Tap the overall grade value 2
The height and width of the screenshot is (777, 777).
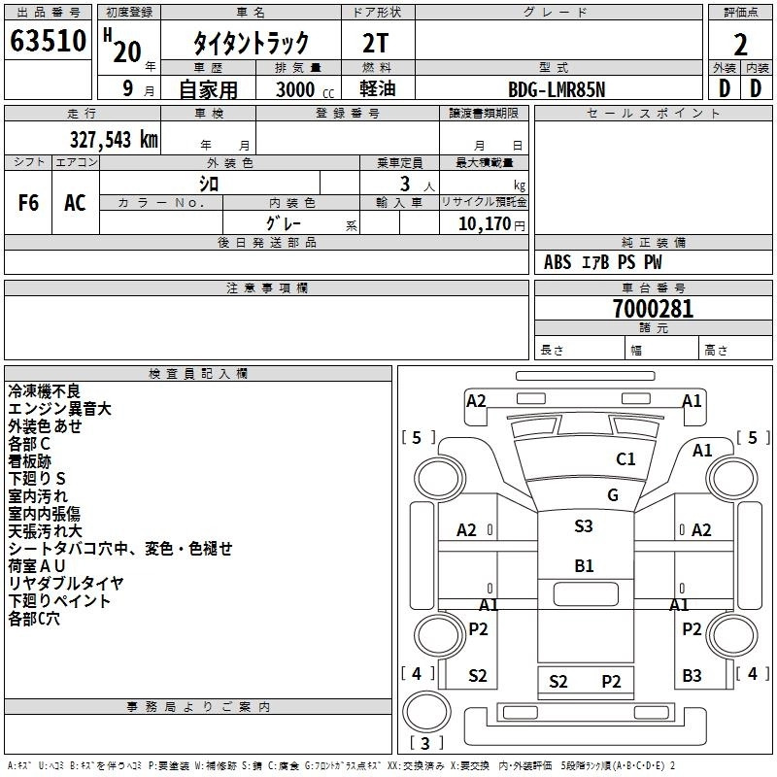coord(740,44)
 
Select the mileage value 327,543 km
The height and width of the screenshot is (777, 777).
coord(114,139)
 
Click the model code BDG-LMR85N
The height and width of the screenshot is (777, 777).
coord(557,89)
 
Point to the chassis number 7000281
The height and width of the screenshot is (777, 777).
coord(653,310)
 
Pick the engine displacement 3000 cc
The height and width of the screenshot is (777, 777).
coord(304,89)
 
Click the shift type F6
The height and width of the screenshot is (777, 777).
coord(29,202)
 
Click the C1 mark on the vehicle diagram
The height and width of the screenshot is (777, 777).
coord(625,458)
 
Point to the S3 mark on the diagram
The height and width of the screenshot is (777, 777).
coord(583,525)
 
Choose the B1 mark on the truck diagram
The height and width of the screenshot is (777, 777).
coord(584,565)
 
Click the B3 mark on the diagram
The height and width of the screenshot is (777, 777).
coord(692,675)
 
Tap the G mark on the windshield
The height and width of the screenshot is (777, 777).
coord(613,494)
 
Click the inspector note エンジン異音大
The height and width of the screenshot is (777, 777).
coord(59,409)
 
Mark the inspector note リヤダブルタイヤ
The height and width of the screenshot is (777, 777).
coord(66,583)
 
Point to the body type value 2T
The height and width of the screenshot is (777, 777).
coord(378,44)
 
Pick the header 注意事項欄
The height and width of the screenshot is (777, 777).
coord(266,288)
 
